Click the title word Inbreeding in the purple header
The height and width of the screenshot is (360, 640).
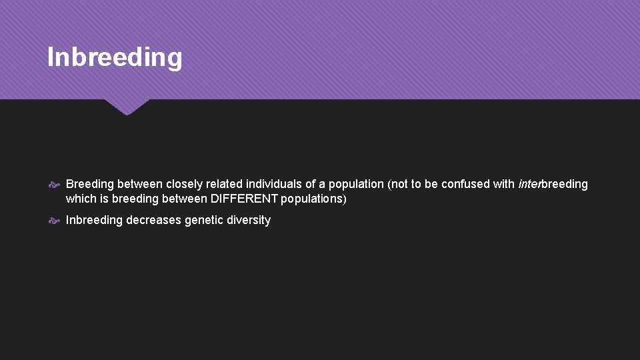[x=115, y=57]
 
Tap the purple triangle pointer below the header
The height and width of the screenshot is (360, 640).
[x=127, y=106]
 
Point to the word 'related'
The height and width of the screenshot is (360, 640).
[x=225, y=184]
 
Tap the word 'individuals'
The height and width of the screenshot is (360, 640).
[x=275, y=184]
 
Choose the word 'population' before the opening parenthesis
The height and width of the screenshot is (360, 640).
[x=356, y=184]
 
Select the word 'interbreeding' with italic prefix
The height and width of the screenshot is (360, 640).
[x=553, y=184]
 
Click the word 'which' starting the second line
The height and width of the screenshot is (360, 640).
[x=81, y=199]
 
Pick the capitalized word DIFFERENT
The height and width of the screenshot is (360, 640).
[x=244, y=199]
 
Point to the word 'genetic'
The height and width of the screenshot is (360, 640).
[x=204, y=220]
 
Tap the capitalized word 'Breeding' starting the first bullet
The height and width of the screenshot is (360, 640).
[x=90, y=184]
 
